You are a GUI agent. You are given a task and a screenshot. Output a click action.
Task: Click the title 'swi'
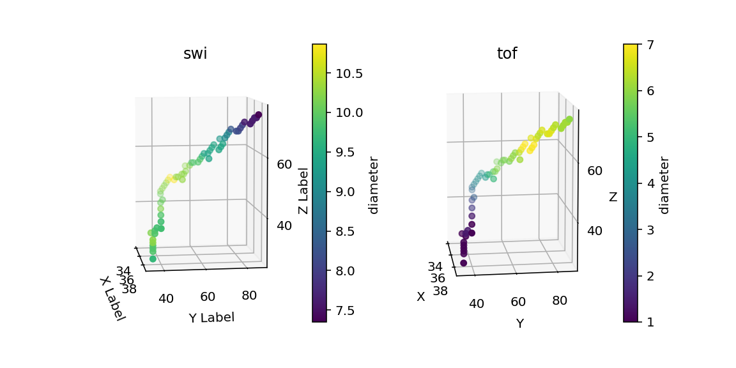point(195,54)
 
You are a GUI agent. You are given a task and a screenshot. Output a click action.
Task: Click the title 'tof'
point(507,54)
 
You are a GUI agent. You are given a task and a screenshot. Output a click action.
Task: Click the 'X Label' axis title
point(112,298)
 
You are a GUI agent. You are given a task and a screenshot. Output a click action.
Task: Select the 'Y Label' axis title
point(211,317)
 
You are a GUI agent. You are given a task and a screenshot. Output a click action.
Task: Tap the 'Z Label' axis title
point(303,191)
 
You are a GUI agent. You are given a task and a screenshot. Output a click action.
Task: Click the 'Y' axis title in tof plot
point(520,323)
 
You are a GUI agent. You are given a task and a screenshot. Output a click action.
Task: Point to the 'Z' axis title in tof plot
point(613,197)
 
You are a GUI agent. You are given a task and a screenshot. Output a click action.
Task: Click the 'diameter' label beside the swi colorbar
point(374,185)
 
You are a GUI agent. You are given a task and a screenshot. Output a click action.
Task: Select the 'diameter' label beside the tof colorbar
point(664,185)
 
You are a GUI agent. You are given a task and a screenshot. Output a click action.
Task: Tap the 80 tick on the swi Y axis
point(250,296)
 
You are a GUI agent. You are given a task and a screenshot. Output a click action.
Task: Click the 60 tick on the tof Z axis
point(595,171)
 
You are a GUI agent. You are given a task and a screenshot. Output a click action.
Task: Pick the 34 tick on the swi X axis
point(123,272)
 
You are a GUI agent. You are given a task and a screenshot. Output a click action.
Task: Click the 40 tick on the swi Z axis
point(284,225)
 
